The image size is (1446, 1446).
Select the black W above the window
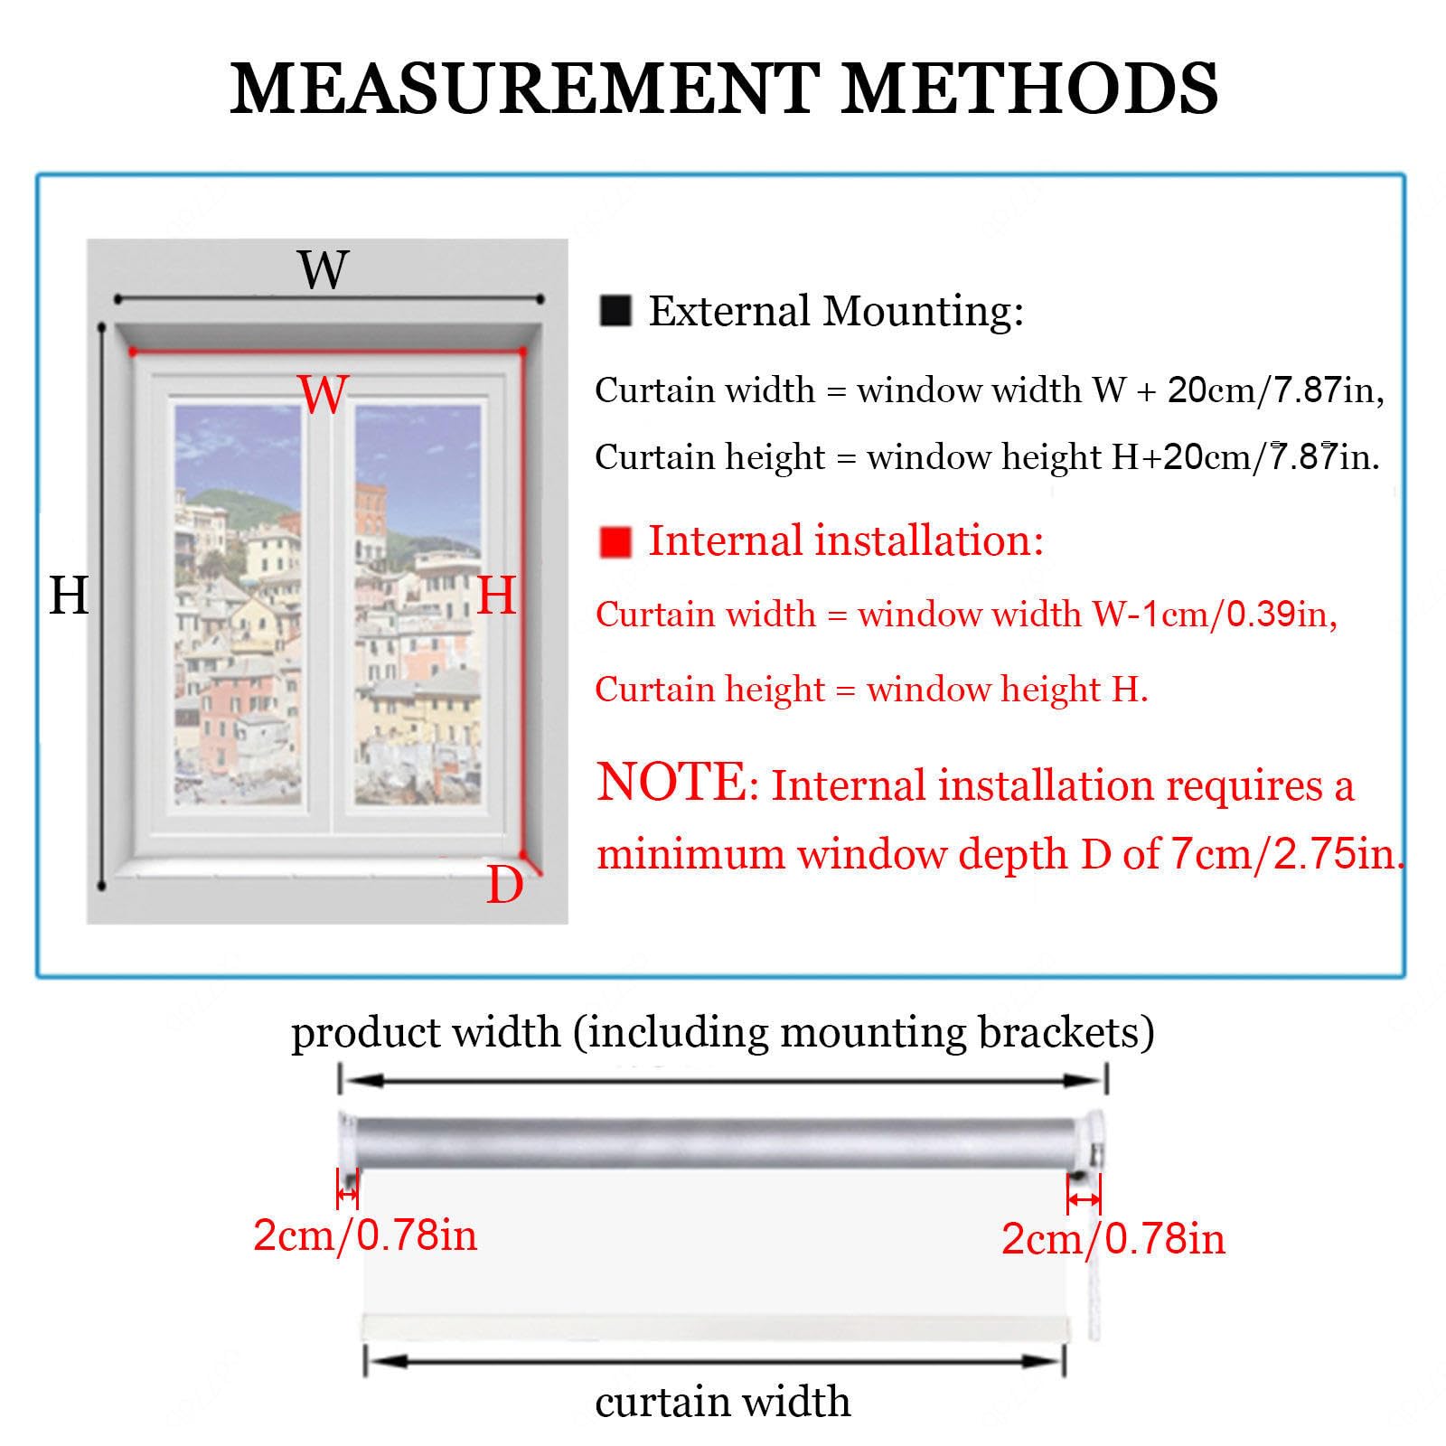point(323,269)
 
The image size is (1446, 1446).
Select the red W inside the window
point(323,394)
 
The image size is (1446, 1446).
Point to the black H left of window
point(69,596)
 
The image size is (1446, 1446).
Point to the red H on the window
point(496,596)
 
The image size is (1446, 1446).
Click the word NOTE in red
point(671,782)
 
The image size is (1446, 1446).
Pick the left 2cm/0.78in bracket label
point(365,1235)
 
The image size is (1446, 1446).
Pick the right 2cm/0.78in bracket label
point(1113,1238)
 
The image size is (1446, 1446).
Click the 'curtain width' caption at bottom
point(723,1402)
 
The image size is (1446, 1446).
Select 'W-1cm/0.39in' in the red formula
point(1214,615)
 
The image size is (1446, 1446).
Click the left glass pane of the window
point(238,604)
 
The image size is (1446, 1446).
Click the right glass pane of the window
point(418,604)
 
